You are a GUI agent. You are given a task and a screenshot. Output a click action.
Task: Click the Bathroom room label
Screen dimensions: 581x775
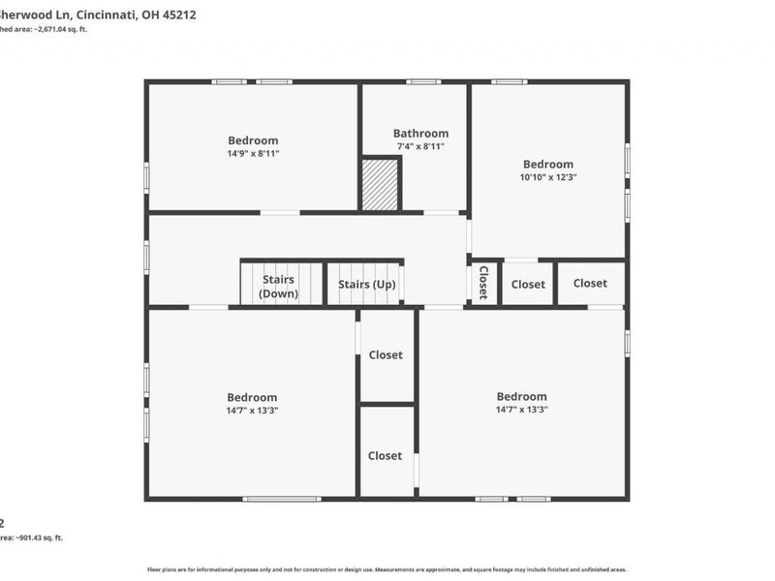pos(420,134)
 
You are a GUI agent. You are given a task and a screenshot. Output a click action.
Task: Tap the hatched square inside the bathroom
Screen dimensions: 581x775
pos(380,184)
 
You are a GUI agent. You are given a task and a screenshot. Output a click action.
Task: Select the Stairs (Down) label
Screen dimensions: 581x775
pos(279,287)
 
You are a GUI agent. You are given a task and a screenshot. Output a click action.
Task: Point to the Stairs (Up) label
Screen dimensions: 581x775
pos(366,285)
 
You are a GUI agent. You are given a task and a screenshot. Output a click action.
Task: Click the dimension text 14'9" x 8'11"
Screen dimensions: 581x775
pos(253,153)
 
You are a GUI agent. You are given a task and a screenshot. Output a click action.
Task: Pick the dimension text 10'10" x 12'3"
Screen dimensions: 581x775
pos(547,177)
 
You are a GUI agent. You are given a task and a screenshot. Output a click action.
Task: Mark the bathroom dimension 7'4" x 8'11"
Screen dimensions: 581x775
pos(420,147)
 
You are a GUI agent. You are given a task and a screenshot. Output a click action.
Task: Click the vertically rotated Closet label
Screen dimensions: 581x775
pos(483,283)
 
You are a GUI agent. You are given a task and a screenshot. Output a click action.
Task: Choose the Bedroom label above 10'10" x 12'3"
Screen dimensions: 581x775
pos(547,164)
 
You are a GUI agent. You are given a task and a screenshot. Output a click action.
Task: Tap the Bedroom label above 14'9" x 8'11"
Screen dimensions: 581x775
pos(253,139)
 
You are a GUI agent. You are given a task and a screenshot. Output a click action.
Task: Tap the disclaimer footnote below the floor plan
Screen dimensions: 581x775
pos(387,569)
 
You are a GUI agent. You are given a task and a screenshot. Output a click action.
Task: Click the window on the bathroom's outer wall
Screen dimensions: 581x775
pos(423,82)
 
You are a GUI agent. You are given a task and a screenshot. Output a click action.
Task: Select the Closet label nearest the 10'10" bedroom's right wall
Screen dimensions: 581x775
pos(590,283)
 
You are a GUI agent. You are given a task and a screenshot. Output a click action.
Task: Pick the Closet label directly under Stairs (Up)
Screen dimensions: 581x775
pos(385,355)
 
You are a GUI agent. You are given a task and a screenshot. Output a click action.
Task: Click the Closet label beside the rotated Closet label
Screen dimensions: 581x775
pos(528,285)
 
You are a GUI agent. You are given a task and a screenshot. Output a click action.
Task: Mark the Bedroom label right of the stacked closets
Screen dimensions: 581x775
pos(521,396)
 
